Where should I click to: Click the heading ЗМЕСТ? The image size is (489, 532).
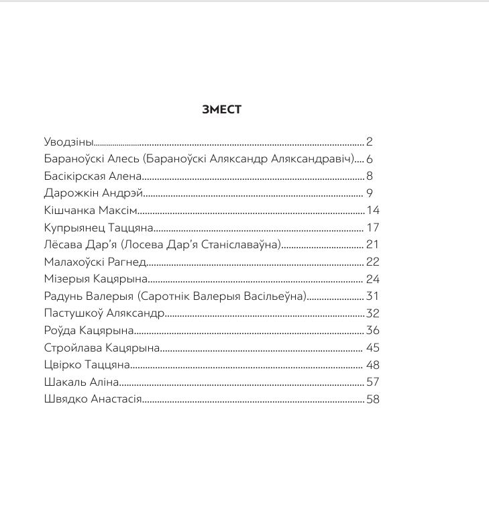221,110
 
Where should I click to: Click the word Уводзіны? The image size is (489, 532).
68,142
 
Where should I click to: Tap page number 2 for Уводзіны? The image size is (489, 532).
369,142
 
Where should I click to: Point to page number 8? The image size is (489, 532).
369,176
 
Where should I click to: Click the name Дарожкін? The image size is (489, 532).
68,194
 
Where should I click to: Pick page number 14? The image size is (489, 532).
373,211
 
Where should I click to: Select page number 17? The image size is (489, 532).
373,228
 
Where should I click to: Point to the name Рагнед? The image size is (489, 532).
127,262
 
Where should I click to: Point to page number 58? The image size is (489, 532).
373,400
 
